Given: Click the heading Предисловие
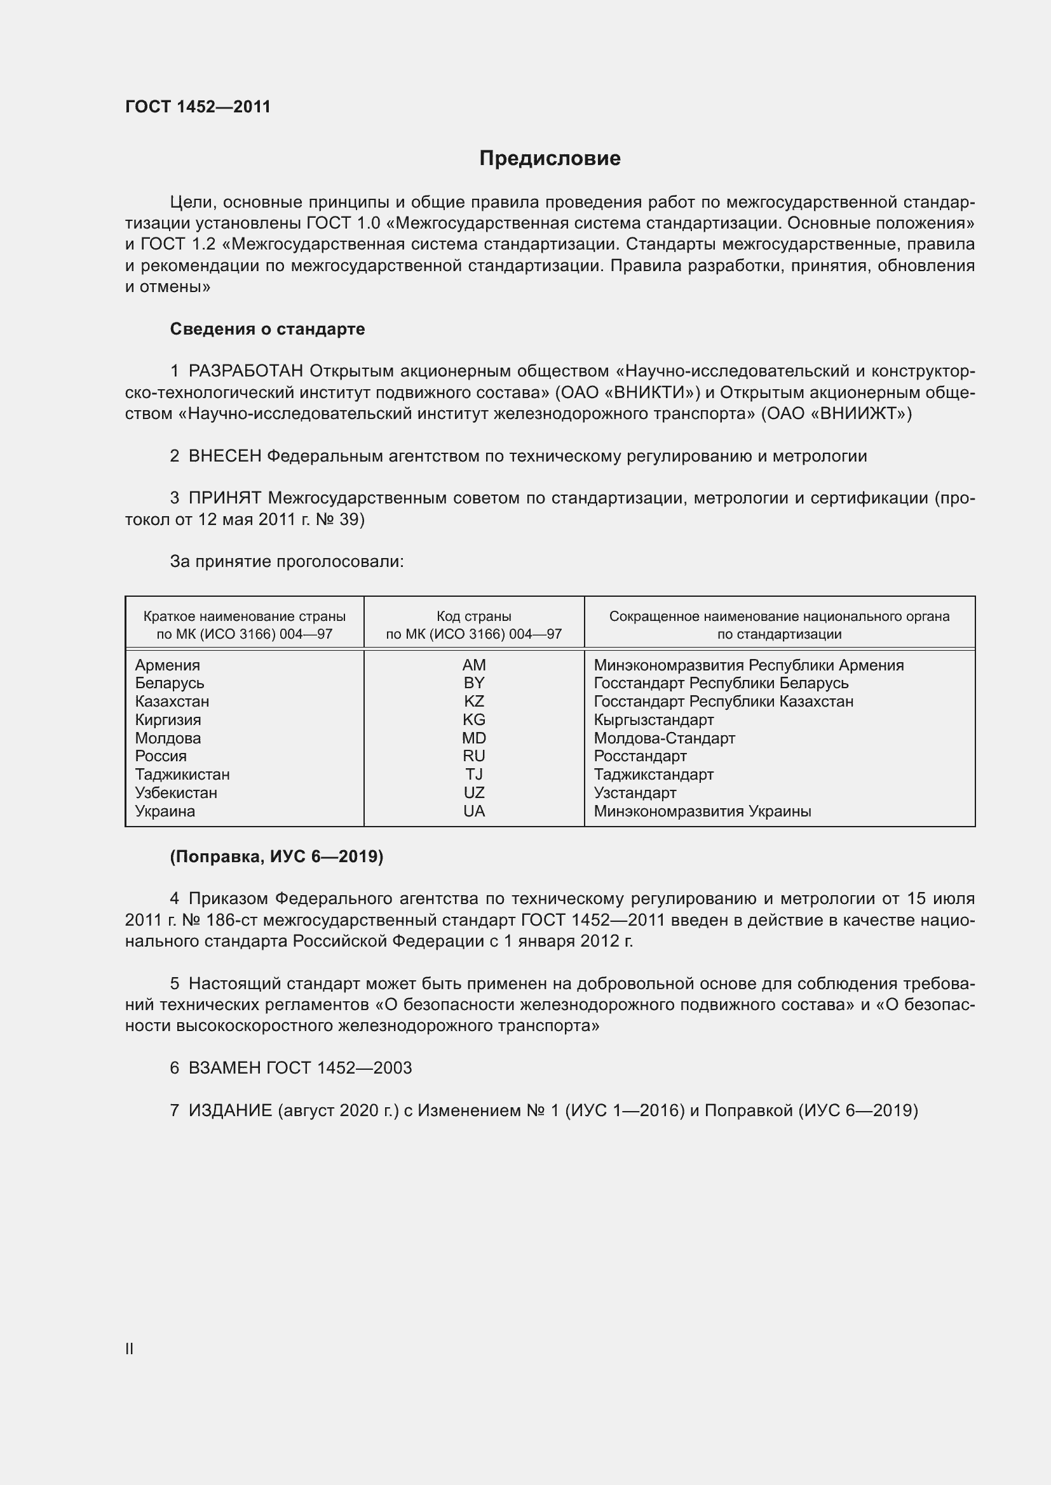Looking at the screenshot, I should (x=550, y=159).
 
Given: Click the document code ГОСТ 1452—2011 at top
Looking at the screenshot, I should (x=198, y=107).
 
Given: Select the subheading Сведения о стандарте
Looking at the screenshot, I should (x=268, y=330).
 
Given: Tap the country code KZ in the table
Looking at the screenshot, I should (x=474, y=701).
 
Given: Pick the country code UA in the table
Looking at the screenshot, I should (x=474, y=811).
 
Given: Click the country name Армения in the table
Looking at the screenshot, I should (x=168, y=665).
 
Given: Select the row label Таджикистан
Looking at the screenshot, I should (x=182, y=774).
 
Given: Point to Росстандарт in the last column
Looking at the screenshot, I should (x=640, y=756).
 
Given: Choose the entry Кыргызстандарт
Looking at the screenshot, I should (x=654, y=720).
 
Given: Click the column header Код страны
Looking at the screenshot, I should (x=474, y=616).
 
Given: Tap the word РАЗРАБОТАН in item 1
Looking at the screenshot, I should (x=246, y=371).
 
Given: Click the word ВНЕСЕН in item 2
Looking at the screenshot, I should (x=224, y=456).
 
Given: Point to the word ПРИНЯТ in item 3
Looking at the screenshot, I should (x=224, y=498).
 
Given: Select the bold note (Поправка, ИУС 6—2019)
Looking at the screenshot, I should (x=276, y=856).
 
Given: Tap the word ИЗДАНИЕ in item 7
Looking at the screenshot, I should (x=230, y=1110).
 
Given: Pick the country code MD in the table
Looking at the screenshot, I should (x=474, y=738).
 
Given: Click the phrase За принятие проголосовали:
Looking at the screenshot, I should (x=287, y=561).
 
